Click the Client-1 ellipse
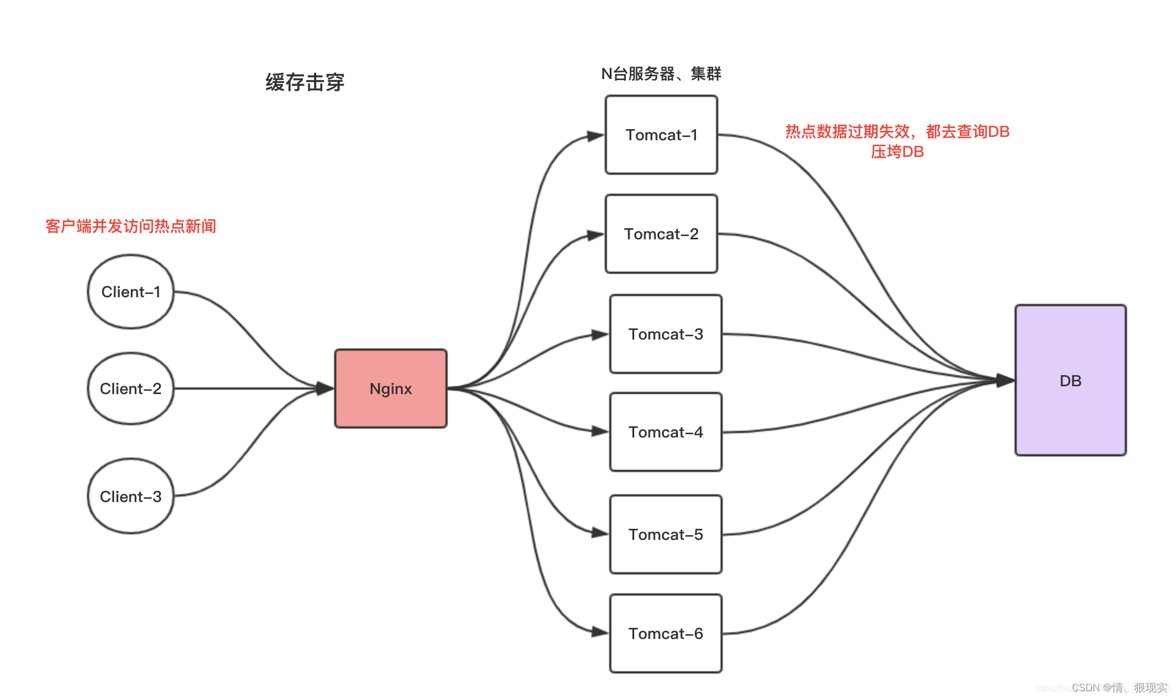click(131, 292)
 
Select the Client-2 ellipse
click(131, 389)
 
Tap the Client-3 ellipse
click(131, 496)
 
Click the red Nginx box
click(390, 389)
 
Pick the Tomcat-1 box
click(661, 135)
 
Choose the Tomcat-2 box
click(661, 234)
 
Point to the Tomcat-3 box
click(665, 334)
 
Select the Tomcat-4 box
click(665, 432)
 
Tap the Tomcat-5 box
click(665, 534)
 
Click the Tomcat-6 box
click(665, 633)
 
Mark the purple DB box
click(1070, 381)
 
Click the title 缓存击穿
click(305, 82)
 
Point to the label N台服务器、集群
click(661, 73)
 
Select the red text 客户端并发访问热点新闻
click(131, 226)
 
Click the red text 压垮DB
click(897, 151)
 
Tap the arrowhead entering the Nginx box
click(325, 388)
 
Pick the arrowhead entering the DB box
click(1005, 381)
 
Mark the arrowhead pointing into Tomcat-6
click(600, 632)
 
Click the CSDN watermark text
click(1119, 688)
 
